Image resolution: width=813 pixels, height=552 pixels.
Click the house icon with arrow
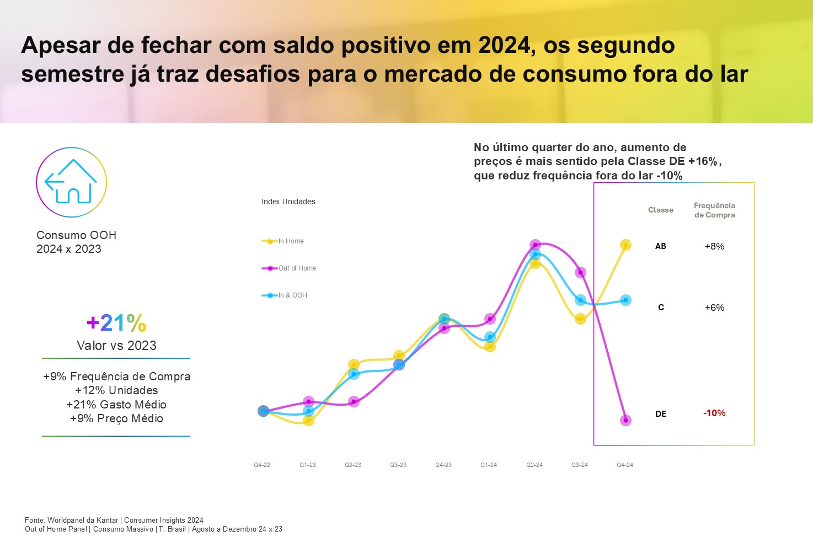tap(71, 182)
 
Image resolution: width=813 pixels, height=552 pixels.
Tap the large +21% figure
tap(116, 323)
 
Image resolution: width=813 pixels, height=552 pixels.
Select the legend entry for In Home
tap(283, 241)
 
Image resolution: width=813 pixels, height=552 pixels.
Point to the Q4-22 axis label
tap(262, 465)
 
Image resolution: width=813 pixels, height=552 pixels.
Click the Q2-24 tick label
tap(534, 465)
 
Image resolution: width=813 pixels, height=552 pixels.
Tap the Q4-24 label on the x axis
tap(625, 465)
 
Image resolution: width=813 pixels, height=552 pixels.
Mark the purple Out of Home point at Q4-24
tap(625, 420)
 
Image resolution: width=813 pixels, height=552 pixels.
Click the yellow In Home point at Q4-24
tap(625, 245)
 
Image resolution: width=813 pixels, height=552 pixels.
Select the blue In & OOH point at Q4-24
tap(625, 300)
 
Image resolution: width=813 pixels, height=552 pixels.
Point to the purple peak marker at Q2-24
tap(535, 245)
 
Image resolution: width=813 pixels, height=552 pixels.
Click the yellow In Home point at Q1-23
tap(308, 421)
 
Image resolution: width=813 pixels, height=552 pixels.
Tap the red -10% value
tap(714, 413)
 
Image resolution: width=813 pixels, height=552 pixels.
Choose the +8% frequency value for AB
tap(714, 246)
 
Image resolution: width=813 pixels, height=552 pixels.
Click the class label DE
tap(661, 413)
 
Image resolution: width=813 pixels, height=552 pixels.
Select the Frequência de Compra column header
tap(714, 210)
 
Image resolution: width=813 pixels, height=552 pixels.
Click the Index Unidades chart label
tap(288, 201)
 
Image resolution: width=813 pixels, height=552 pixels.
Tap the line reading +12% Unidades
tap(116, 390)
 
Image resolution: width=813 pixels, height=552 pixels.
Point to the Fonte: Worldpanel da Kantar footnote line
tap(114, 520)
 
